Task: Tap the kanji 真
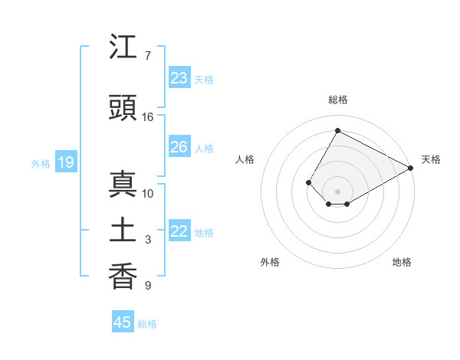(x=123, y=185)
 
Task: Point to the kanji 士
(x=123, y=231)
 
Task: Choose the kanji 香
(x=123, y=277)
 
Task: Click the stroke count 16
(x=148, y=116)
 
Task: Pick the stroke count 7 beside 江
(x=148, y=56)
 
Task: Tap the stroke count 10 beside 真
(x=148, y=193)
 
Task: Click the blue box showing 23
(x=179, y=78)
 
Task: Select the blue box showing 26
(x=179, y=147)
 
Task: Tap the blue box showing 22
(x=179, y=232)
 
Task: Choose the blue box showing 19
(x=65, y=162)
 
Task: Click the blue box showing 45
(x=123, y=322)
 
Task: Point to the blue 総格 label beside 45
(x=147, y=324)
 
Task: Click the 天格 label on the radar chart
(x=431, y=159)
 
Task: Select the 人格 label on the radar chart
(x=245, y=159)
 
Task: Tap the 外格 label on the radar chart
(x=270, y=262)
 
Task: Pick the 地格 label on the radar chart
(x=402, y=262)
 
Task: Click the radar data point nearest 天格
(x=411, y=168)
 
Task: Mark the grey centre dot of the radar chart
(x=337, y=191)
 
